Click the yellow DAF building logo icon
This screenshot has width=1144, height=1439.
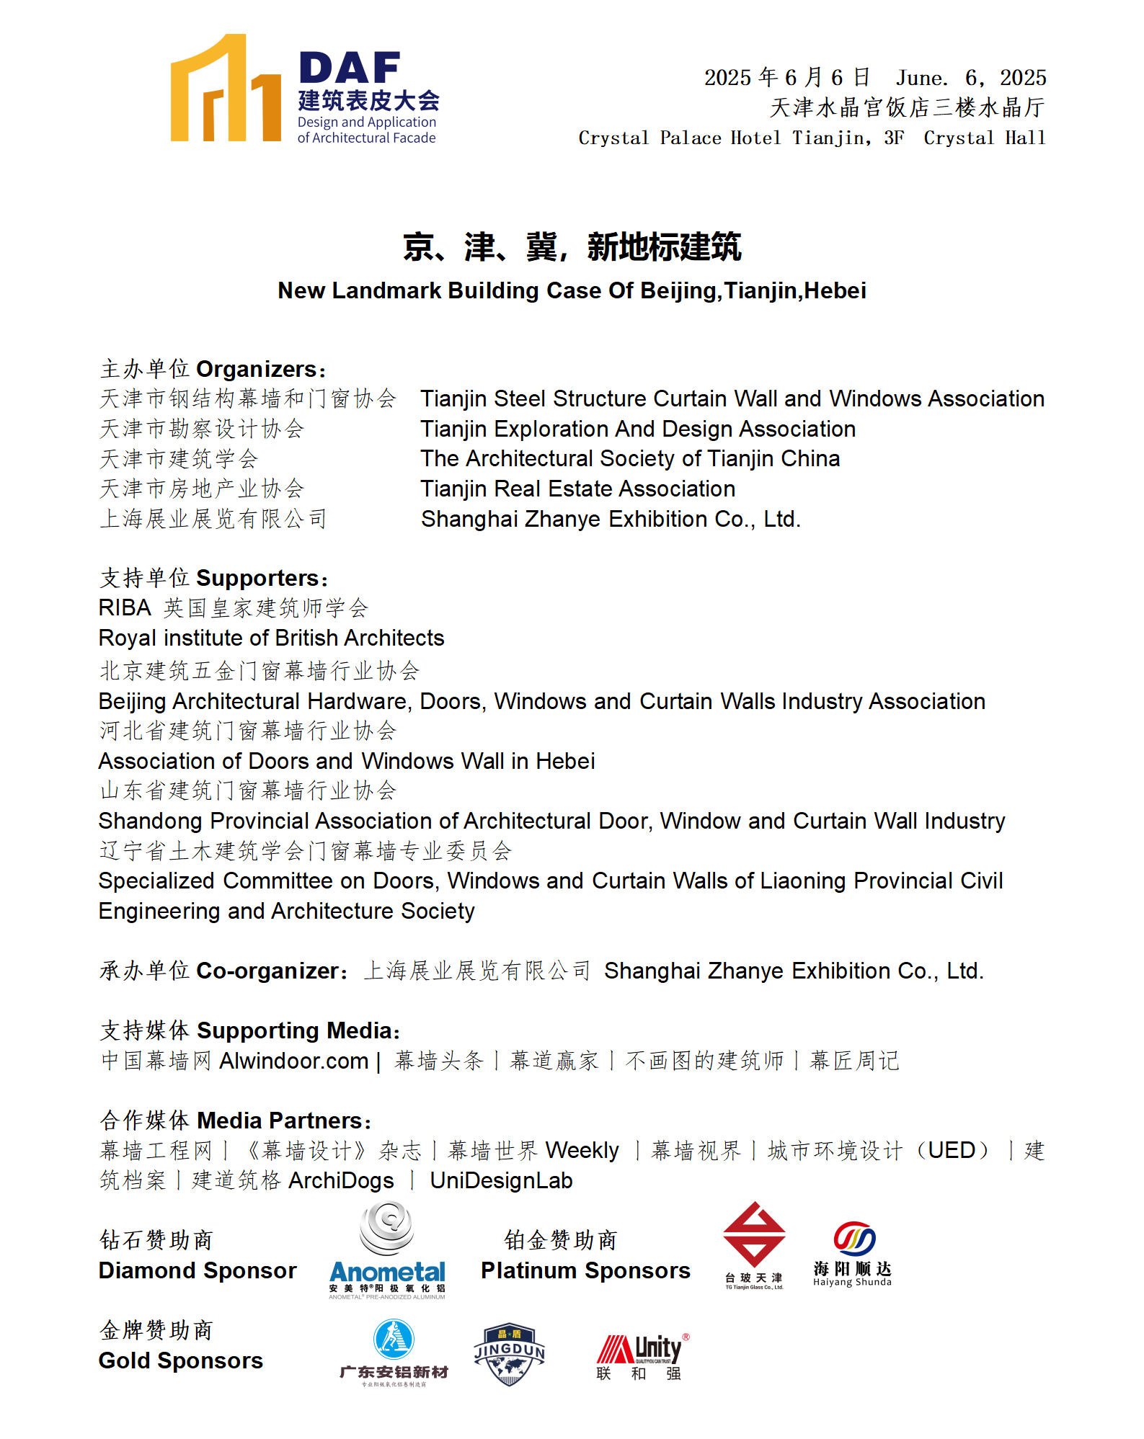pos(225,89)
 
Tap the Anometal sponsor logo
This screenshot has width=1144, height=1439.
pos(387,1251)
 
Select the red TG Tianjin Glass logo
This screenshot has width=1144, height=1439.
pos(754,1244)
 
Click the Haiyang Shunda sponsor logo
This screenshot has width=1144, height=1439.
pos(853,1253)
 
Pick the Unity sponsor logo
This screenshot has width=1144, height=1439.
pos(642,1355)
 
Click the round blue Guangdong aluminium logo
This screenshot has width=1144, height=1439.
pos(394,1340)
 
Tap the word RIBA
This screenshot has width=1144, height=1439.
pos(125,608)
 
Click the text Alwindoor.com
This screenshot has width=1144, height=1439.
pos(294,1061)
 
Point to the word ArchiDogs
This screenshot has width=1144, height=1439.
pos(341,1180)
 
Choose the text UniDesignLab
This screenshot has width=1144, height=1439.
pos(501,1180)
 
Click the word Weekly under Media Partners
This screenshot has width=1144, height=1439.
pos(582,1151)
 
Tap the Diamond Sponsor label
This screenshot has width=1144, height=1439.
pos(198,1270)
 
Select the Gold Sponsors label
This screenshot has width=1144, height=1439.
pos(181,1360)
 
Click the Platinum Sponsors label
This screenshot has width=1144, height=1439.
pos(585,1270)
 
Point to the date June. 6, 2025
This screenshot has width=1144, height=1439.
pos(970,78)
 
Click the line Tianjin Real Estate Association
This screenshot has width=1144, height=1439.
pos(578,489)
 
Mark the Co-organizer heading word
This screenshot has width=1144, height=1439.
pos(267,971)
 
